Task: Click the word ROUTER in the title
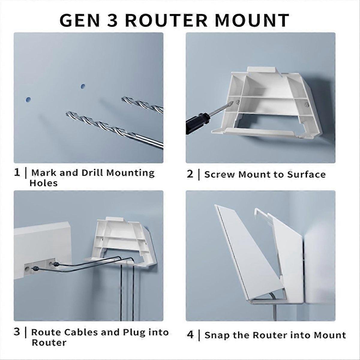[166, 20]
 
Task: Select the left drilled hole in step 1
[28, 99]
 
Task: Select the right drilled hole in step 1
[82, 86]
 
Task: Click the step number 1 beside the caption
[17, 172]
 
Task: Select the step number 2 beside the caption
[190, 174]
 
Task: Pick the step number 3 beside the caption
[17, 332]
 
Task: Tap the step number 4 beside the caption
[190, 334]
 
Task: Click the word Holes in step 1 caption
[43, 183]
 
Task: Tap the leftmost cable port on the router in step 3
[28, 266]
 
